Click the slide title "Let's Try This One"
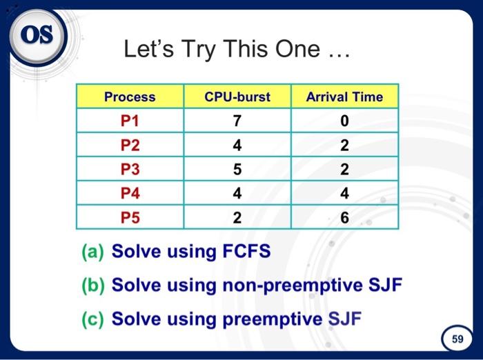(237, 49)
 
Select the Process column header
(130, 97)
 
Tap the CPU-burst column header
(237, 97)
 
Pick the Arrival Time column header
(344, 97)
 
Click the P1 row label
(130, 121)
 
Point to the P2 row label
(130, 145)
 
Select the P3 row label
(130, 169)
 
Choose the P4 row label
(130, 193)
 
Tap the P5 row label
(130, 218)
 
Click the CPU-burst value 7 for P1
(237, 121)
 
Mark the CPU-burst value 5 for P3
(237, 169)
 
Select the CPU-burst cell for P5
(237, 218)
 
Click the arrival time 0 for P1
(344, 121)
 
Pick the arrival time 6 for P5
(344, 218)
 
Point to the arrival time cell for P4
(344, 193)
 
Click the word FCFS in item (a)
(246, 252)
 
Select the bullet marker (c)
(93, 319)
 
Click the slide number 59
(457, 339)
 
